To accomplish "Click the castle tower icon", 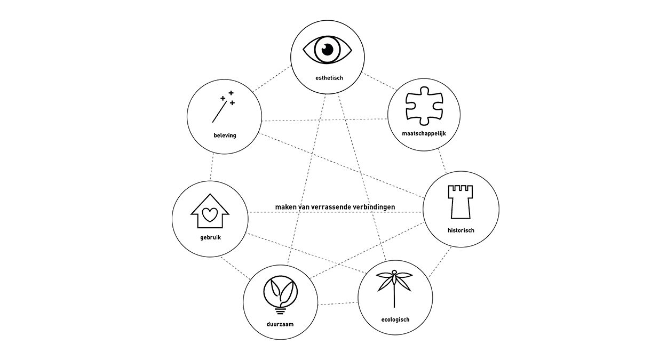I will (x=461, y=202).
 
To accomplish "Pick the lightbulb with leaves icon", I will (x=281, y=294).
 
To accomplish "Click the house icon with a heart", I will (x=210, y=211).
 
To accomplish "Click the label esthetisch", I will (x=328, y=78).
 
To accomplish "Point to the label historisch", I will (x=461, y=231).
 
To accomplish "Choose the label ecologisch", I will (x=395, y=319).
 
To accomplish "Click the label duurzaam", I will (x=281, y=324).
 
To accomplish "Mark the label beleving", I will (x=225, y=135).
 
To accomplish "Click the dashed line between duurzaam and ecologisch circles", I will (x=338, y=304).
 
